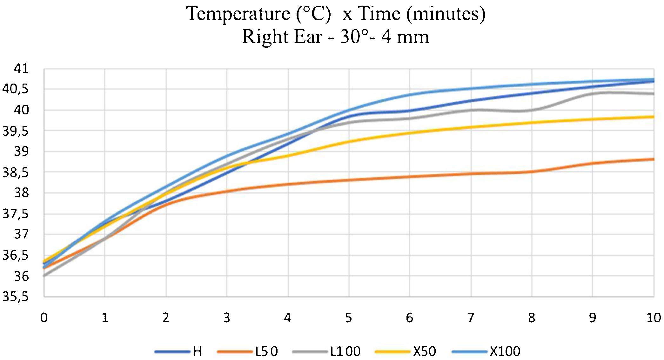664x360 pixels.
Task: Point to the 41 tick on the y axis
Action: coord(21,69)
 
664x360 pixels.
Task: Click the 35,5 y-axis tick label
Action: coord(15,297)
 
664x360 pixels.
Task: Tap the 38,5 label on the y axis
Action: coord(15,173)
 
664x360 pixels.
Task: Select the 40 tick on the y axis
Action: coord(21,110)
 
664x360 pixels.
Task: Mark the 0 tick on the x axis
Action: coord(44,318)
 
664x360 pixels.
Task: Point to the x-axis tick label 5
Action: coord(349,318)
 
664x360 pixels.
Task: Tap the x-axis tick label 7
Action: coord(471,318)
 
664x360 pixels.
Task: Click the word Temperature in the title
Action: coord(238,14)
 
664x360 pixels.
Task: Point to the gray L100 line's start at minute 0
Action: coord(44,276)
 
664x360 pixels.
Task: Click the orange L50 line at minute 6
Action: coord(410,177)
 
